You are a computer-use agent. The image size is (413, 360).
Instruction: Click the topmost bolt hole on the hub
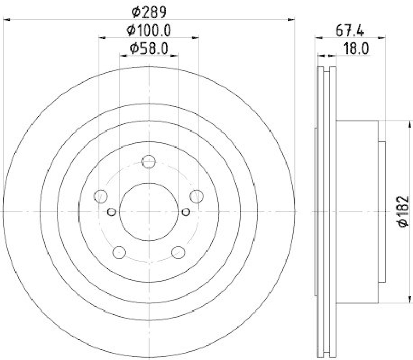tap(149, 161)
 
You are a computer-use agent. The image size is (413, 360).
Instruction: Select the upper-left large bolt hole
tap(101, 196)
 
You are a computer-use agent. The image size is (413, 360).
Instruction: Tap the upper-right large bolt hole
tap(196, 196)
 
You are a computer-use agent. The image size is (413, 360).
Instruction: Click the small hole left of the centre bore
tap(111, 211)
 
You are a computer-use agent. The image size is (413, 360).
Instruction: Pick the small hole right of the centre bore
tap(186, 211)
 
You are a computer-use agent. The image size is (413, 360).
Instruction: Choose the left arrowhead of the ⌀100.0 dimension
tap(102, 37)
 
